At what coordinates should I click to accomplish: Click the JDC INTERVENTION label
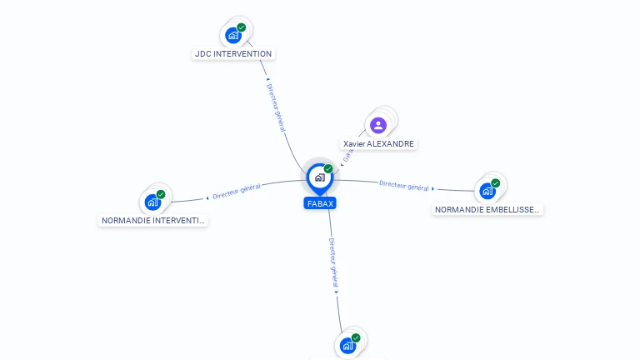pos(232,54)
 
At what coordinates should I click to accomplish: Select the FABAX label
pos(320,203)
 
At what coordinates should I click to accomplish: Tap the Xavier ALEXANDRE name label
pos(378,144)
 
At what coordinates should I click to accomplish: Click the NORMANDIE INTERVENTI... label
pos(152,221)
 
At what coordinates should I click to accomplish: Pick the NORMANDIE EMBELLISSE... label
pos(487,210)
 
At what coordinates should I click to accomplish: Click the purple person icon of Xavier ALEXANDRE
pos(378,125)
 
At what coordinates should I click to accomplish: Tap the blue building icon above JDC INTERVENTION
pos(233,36)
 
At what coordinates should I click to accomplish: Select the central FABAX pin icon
pos(319,177)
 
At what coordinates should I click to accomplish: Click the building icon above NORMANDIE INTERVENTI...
pos(152,202)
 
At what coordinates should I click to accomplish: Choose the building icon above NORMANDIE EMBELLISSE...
pos(487,191)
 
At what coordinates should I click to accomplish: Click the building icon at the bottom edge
pos(347,345)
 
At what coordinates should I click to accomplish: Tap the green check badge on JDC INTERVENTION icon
pos(242,27)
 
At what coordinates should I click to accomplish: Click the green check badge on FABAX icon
pos(328,168)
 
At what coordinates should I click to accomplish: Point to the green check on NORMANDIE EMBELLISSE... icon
pos(496,182)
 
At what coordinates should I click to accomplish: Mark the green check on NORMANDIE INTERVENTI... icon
pos(161,194)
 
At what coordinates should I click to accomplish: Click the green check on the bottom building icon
pos(356,337)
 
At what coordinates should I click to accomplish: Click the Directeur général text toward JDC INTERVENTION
pos(276,106)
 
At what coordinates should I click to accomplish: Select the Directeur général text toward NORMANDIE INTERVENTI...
pos(237,192)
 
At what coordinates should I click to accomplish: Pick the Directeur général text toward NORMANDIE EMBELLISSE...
pos(404,186)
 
